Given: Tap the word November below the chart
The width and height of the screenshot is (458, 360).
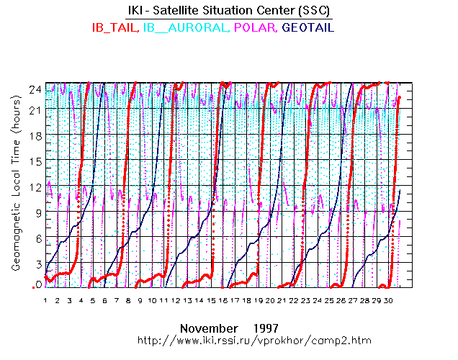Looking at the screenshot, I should pyautogui.click(x=209, y=326).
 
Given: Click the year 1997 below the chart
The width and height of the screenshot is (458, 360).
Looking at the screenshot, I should pyautogui.click(x=266, y=326).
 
